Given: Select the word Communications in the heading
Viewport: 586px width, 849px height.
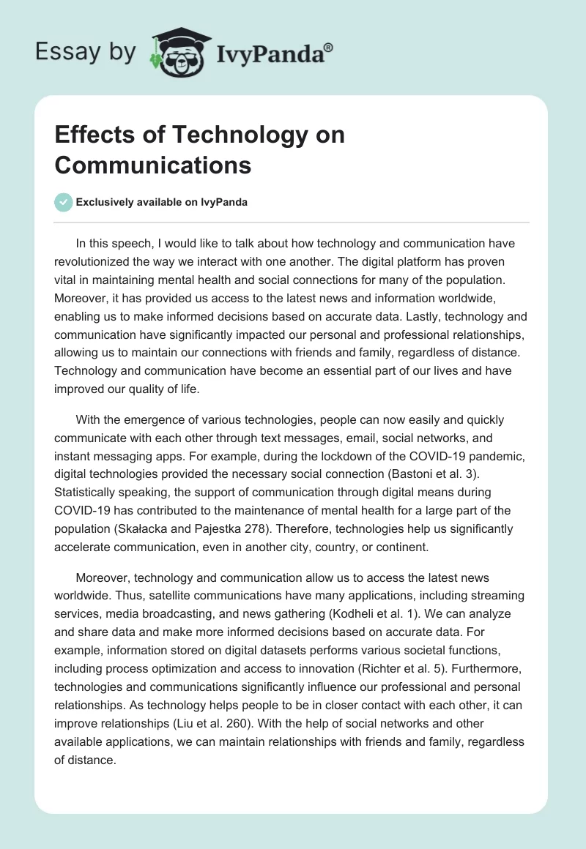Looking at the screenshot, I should point(152,165).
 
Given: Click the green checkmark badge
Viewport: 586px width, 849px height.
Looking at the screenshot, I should point(63,202).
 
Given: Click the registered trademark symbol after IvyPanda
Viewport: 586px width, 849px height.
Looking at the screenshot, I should point(328,48).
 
